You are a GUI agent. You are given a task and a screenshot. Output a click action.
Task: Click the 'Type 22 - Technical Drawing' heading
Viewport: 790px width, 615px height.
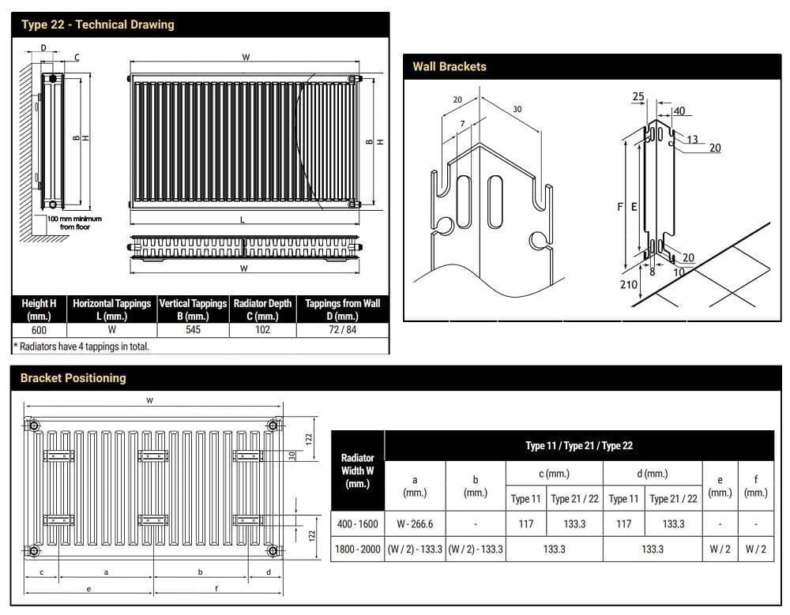[x=98, y=24]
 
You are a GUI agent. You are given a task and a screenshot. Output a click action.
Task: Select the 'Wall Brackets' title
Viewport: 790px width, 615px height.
[x=450, y=67]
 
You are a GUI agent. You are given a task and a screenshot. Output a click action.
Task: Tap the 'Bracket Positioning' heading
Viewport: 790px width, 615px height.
[x=73, y=378]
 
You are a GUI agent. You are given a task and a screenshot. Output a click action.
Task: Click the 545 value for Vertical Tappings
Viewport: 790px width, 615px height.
[x=193, y=330]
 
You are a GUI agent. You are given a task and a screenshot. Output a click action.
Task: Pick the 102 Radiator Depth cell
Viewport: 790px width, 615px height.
[x=262, y=330]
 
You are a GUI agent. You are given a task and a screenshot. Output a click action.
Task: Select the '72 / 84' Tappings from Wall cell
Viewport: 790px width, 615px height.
[x=342, y=330]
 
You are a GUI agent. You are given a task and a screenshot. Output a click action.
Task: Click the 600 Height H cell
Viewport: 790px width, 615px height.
[x=39, y=330]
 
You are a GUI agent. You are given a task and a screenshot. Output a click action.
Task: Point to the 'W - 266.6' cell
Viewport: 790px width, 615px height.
[x=415, y=523]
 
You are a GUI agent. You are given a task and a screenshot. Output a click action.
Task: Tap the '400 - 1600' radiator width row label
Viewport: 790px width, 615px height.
[x=357, y=523]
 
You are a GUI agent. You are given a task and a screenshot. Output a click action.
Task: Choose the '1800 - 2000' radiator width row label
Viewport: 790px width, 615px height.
[x=357, y=549]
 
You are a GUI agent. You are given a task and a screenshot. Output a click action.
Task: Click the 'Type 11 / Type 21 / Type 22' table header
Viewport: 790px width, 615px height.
[x=579, y=445]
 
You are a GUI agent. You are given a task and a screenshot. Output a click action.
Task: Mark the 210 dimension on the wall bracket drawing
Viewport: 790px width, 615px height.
[x=628, y=284]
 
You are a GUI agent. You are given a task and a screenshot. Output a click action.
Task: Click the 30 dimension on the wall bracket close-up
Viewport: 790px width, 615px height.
[x=517, y=109]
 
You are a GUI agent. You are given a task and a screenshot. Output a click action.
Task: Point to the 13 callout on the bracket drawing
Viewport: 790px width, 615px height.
[x=692, y=140]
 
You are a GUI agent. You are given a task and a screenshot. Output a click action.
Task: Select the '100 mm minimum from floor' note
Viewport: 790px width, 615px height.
[x=74, y=223]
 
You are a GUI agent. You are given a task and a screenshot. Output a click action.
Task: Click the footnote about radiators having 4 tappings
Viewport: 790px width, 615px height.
[x=81, y=346]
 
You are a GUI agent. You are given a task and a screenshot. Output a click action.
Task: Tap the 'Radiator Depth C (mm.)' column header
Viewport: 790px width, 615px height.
[x=262, y=309]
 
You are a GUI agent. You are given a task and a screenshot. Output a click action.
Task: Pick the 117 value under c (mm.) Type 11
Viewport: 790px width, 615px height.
[x=525, y=523]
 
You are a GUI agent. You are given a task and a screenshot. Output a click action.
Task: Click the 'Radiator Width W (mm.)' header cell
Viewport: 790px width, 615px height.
[x=357, y=471]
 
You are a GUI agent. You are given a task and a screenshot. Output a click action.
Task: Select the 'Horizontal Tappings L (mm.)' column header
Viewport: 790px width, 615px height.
[x=111, y=309]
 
